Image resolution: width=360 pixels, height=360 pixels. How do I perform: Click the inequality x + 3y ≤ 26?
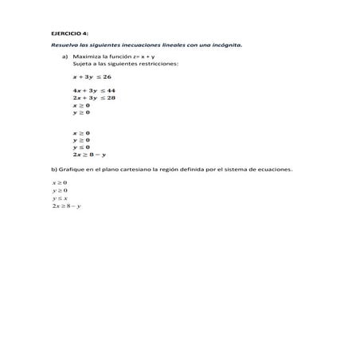(92, 76)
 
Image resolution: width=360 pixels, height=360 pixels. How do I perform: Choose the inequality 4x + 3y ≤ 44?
(94, 91)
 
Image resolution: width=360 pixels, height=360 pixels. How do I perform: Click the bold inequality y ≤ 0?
(81, 147)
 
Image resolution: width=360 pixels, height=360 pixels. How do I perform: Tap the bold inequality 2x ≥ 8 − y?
(89, 155)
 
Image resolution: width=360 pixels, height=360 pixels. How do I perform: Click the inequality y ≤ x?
(60, 198)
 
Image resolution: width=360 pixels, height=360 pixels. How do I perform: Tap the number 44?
(111, 91)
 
